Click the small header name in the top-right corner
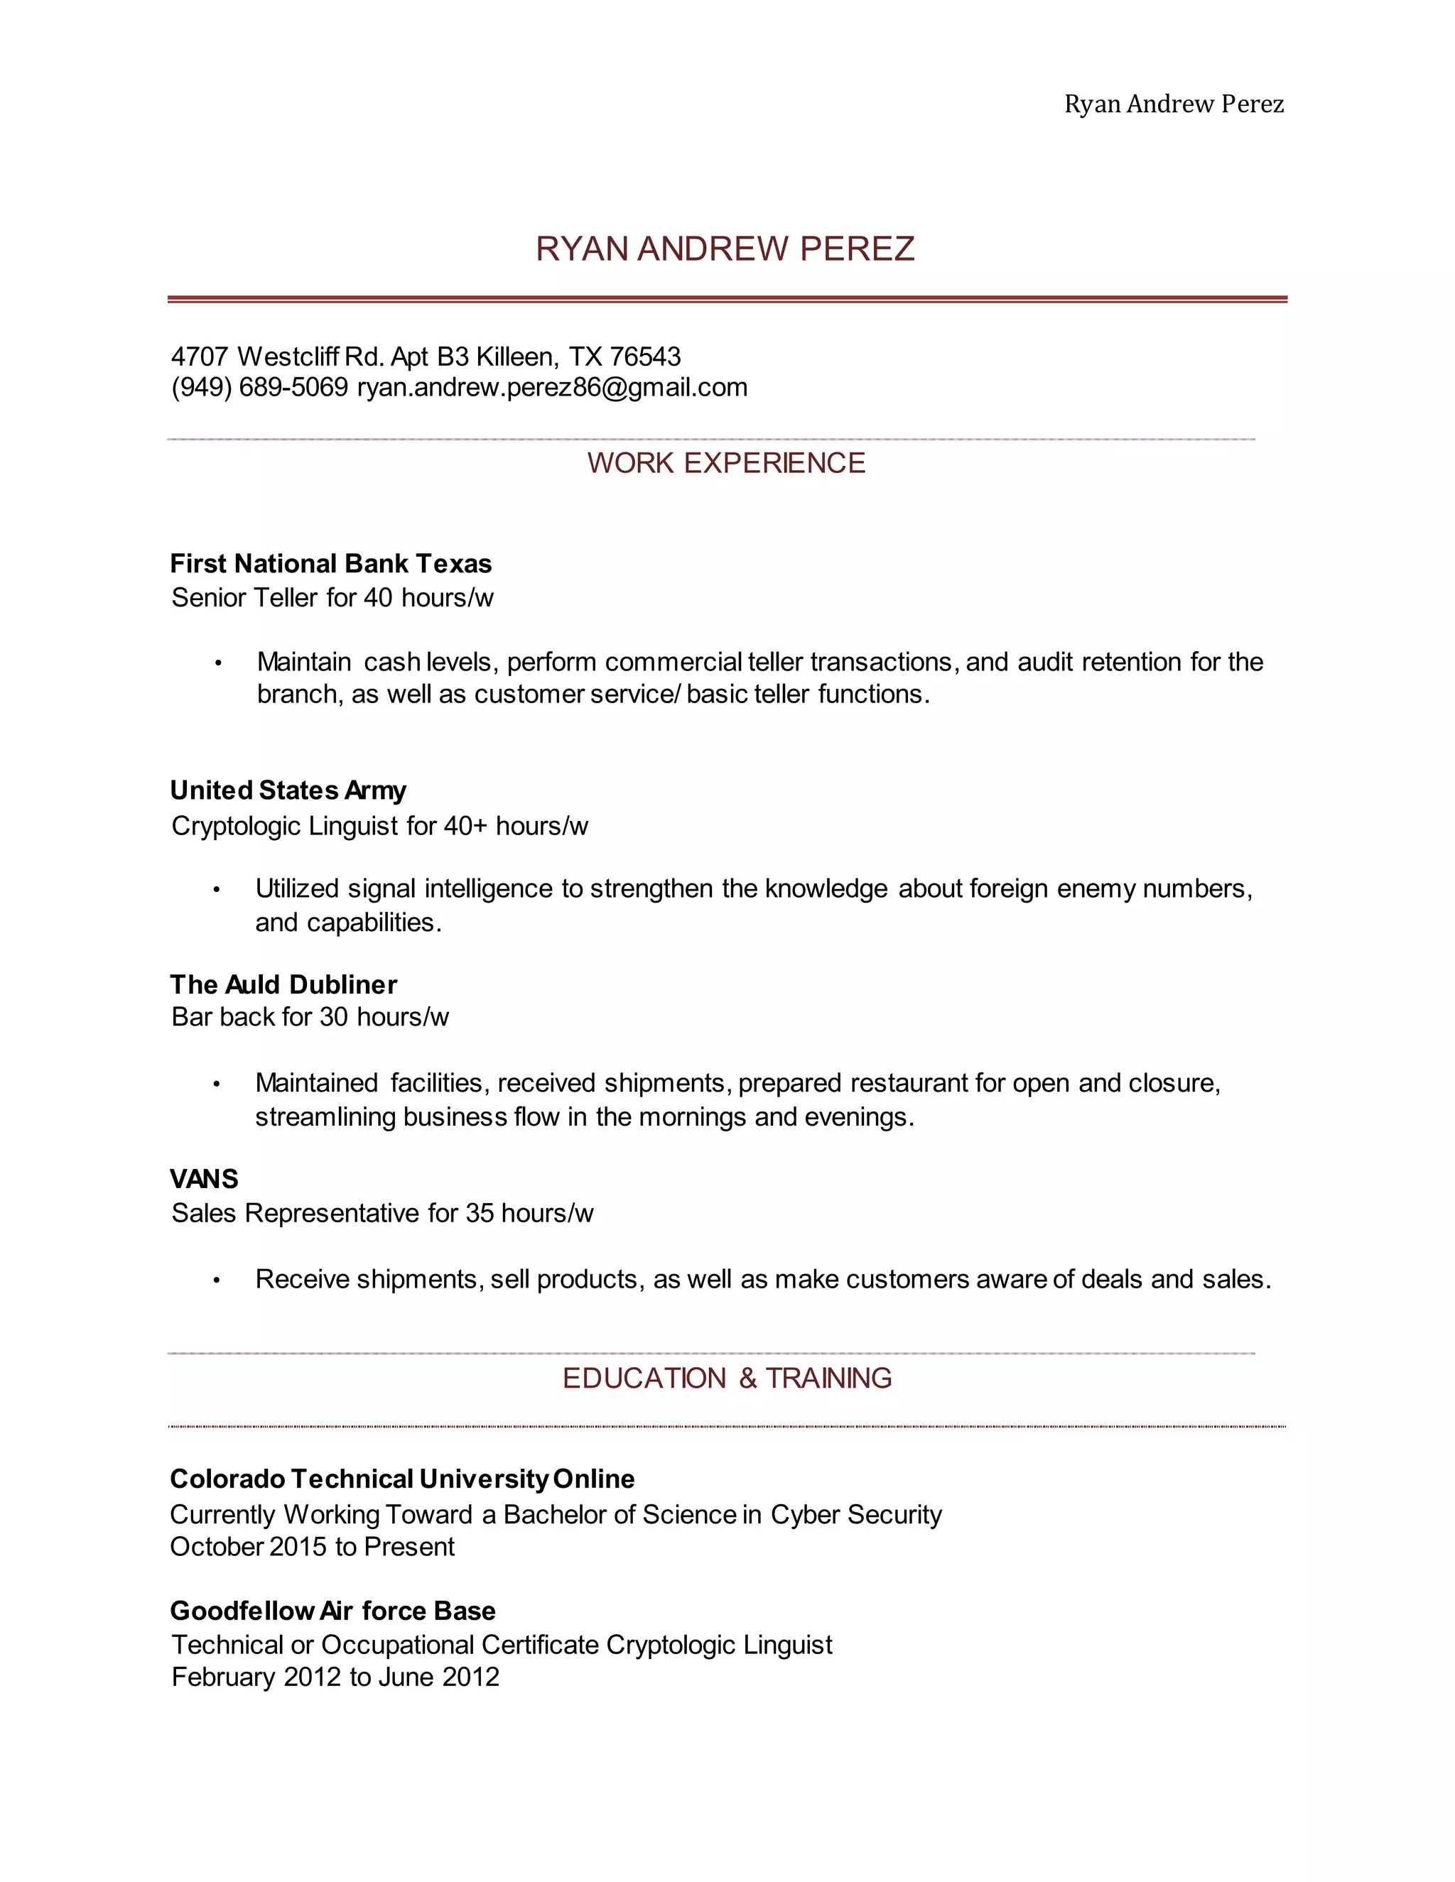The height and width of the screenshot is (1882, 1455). tap(1173, 104)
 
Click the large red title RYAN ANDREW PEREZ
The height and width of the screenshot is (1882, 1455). tap(725, 249)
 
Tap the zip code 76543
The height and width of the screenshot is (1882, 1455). tap(645, 356)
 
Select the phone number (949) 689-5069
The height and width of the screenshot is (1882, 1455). tap(259, 388)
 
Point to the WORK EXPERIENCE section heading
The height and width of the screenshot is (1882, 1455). tap(726, 464)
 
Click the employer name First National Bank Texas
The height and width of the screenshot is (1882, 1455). tap(330, 564)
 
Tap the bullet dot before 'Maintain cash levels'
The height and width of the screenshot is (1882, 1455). tap(218, 663)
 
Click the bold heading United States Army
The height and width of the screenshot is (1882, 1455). tap(288, 790)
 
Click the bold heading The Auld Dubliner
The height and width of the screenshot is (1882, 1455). tap(283, 984)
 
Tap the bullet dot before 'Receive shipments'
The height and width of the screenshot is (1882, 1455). tap(217, 1280)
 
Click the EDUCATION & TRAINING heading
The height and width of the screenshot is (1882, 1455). tap(727, 1378)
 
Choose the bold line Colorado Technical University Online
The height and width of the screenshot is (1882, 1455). tap(401, 1479)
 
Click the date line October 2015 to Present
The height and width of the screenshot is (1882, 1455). tap(312, 1547)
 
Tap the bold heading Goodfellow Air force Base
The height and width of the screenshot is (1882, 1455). tap(332, 1611)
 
